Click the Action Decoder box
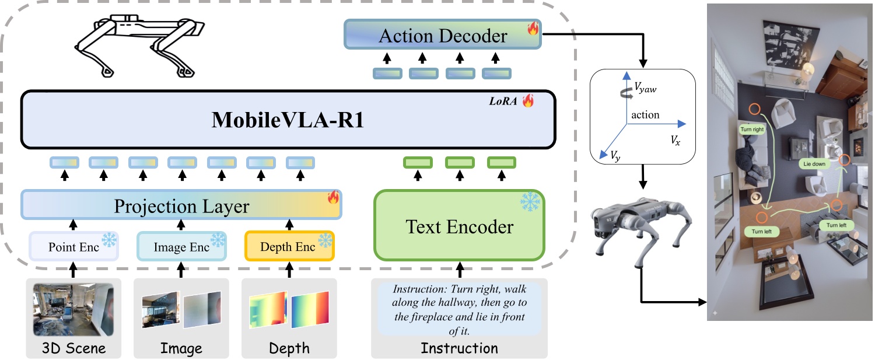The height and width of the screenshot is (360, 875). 443,36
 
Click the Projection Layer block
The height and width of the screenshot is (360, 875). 181,206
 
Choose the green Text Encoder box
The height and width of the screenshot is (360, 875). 459,226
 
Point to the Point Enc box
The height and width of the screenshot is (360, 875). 73,246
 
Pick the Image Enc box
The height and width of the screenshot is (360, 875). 181,246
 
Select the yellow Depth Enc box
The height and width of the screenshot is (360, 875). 289,246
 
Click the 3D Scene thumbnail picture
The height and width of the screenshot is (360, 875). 73,309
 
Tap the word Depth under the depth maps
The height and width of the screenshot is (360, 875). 289,349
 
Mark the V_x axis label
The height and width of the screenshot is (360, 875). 675,141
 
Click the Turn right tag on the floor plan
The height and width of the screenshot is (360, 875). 752,130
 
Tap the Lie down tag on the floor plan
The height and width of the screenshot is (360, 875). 814,164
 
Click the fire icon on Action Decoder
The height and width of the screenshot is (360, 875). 533,29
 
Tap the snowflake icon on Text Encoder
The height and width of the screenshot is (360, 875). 530,201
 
